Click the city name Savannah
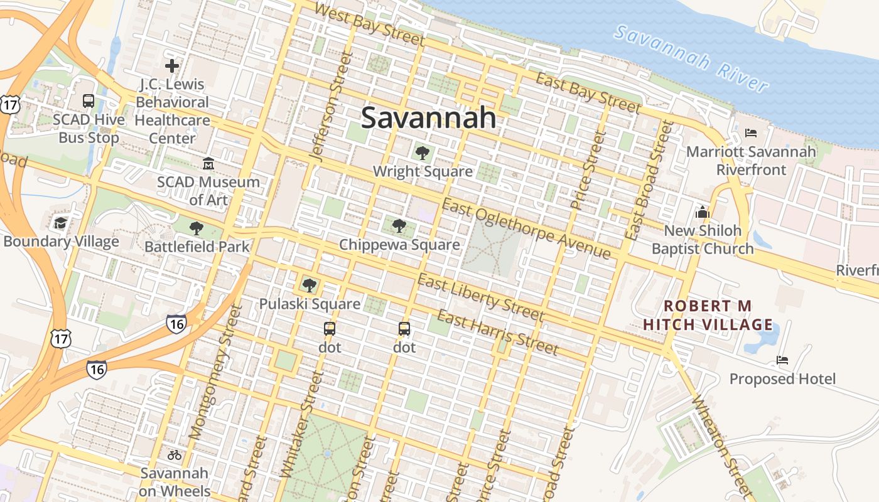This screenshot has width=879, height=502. [428, 117]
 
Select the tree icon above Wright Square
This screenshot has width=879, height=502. [422, 152]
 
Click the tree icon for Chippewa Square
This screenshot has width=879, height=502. [399, 226]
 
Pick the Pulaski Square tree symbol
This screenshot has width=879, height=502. [309, 286]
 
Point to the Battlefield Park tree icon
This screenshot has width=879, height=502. [197, 228]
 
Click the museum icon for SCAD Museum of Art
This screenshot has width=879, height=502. [208, 164]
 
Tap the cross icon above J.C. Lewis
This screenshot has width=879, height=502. [172, 65]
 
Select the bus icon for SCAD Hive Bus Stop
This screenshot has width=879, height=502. [89, 100]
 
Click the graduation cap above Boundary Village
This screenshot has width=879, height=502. [60, 223]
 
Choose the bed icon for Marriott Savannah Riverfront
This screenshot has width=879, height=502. [750, 133]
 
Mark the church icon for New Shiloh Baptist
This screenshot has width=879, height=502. [703, 212]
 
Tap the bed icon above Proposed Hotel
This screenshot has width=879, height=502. [782, 360]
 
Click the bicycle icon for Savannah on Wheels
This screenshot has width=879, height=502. [175, 455]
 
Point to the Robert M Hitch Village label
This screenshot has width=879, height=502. [708, 315]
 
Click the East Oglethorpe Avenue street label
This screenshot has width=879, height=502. [526, 228]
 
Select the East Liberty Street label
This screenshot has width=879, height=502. [480, 297]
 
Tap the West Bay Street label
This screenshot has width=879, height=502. [369, 24]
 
